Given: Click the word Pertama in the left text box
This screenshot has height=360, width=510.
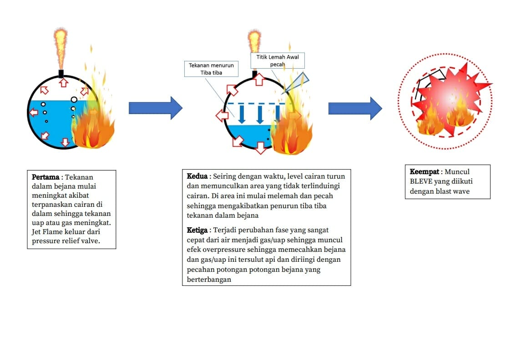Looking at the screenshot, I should pos(45,177).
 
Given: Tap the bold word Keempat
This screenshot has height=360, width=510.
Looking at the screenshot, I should pos(424,172).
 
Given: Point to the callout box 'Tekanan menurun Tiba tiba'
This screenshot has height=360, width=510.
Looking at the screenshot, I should pos(211,69).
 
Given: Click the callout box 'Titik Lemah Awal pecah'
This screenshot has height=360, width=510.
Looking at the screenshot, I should pos(277,60).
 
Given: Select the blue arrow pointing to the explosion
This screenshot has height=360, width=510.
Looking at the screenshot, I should pos(355,108).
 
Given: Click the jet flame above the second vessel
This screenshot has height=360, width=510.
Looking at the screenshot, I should pos(254,44).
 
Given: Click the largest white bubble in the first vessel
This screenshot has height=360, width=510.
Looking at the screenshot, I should pos(74,100).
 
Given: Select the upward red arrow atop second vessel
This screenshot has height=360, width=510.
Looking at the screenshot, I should pos(258,80).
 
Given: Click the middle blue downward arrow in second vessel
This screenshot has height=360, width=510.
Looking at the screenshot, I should pos(260,115).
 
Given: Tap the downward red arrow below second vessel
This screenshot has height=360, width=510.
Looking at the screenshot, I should pos(260,148).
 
